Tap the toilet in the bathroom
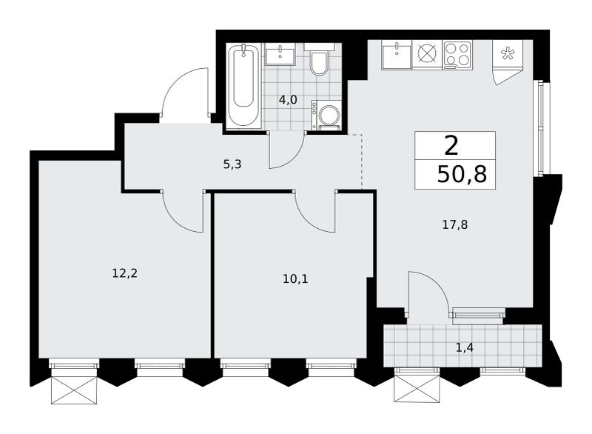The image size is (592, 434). pos(319,61)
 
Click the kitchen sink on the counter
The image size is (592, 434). pos(396,55)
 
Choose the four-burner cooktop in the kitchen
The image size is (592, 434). pos(457,55)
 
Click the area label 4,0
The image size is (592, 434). pos(288,100)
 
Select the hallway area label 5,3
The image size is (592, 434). pos(232,164)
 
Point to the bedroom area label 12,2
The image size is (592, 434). pos(124,273)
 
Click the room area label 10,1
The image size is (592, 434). pos(295,279)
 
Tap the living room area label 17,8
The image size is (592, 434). pos(455,225)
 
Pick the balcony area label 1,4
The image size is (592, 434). pos(465,348)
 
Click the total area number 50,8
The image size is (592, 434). pos(462,175)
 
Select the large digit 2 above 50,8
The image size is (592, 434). pos(451,146)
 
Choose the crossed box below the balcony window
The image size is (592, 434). pos(417,389)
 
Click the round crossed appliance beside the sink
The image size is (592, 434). pos(427,55)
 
